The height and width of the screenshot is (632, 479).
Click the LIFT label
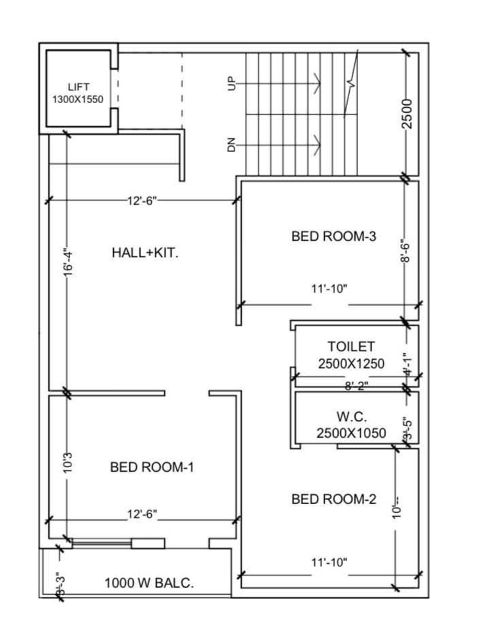pos(78,86)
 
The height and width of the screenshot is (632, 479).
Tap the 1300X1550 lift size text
pos(78,99)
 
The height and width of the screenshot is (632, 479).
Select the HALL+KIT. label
pos(145,253)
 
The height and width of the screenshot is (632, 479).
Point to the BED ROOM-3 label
pos(334,236)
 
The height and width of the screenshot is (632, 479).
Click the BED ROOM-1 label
pos(152,467)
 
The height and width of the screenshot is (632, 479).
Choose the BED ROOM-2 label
pos(334,499)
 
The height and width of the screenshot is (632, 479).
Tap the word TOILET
pos(351,347)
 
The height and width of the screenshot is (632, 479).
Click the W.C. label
pos(351,416)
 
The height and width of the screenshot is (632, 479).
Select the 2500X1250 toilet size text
pos(351,364)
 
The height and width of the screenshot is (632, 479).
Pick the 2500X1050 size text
pos(351,433)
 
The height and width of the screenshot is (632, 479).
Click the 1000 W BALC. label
pos(149,584)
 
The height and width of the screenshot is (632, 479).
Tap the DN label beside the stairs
pos(232,145)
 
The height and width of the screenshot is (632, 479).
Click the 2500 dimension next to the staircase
pos(406,113)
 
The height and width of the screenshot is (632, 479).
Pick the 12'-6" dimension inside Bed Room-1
pos(142,514)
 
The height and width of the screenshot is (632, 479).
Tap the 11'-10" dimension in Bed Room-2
pos(329,562)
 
